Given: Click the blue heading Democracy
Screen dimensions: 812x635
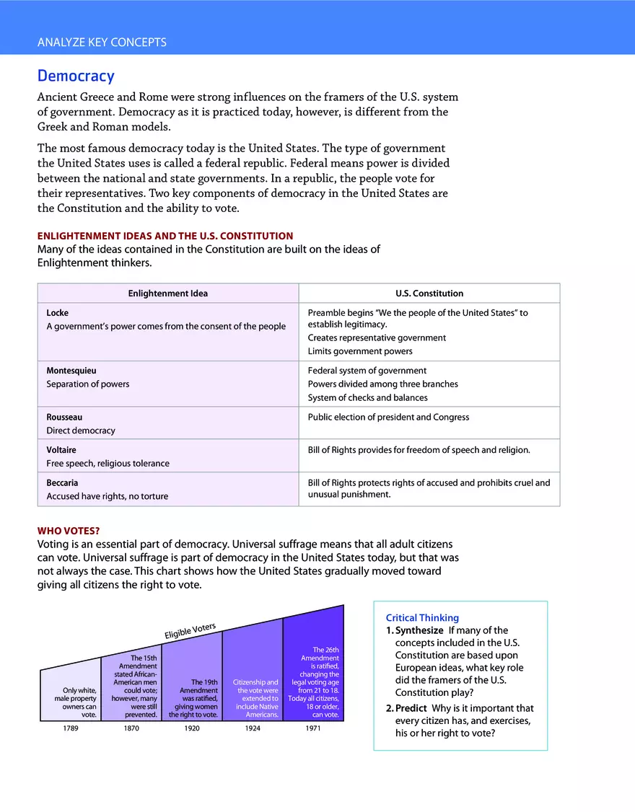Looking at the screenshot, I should point(76,76).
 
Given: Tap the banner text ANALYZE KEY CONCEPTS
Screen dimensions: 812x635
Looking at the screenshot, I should point(102,43).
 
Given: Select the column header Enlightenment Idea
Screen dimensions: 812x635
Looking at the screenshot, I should point(167,294).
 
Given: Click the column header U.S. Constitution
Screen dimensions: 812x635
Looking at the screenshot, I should point(429,294).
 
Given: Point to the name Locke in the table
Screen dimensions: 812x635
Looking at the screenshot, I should point(58,313).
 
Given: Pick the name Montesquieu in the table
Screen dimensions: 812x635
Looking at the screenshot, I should point(71,371).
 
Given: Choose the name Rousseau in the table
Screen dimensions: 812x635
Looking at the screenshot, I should point(64,417).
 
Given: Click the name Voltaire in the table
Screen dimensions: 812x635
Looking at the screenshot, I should point(61,450).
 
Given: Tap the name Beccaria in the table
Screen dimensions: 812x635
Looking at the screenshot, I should point(62,482).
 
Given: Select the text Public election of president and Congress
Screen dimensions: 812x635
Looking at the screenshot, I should point(388,417).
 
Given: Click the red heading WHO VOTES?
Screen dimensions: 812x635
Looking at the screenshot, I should point(69,531).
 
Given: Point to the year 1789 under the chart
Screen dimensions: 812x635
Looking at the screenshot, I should point(71,728).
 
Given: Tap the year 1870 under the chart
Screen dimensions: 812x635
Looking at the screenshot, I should point(131,728).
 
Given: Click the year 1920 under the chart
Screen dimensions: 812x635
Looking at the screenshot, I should point(192,728).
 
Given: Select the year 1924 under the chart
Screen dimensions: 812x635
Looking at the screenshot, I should point(253,728).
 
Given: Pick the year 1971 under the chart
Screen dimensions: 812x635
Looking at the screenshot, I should point(313,728).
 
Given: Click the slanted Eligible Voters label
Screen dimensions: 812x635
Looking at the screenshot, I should point(190,630).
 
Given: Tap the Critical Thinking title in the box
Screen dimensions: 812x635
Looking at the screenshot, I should point(422,618).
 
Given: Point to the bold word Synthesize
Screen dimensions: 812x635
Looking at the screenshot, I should point(419,630).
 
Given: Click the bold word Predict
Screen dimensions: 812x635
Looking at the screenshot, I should point(411,708).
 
